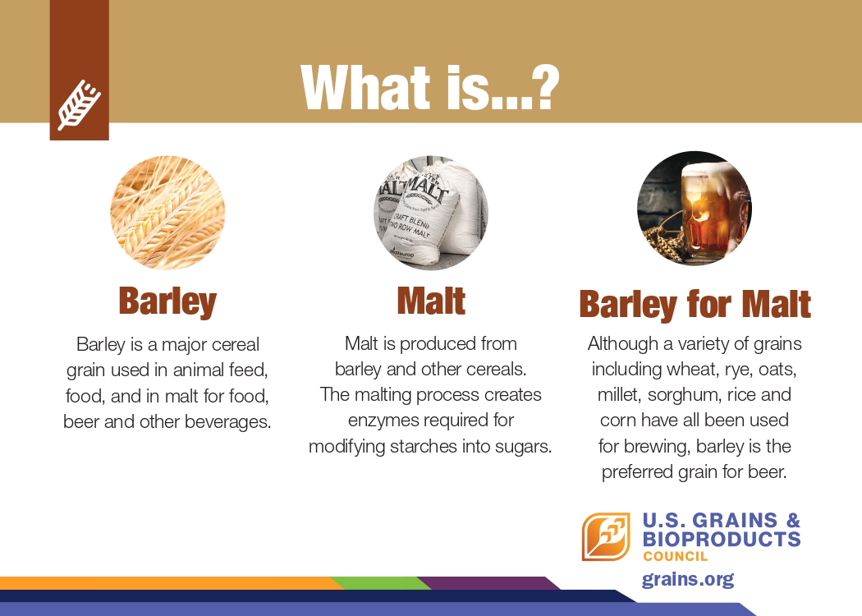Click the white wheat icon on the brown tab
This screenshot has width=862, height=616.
(79, 105)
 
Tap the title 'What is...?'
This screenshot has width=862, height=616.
(430, 87)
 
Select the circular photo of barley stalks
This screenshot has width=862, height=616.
(167, 212)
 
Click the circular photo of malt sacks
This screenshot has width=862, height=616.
(431, 212)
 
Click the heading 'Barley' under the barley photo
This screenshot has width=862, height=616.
(167, 302)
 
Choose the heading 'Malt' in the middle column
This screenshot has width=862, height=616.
(431, 301)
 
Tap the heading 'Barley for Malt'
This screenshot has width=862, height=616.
(695, 304)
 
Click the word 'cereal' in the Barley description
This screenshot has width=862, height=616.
(236, 345)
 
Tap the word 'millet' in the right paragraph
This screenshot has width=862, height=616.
(620, 395)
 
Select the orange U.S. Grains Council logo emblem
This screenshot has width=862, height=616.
(606, 536)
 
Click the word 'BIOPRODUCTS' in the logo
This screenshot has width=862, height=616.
(722, 539)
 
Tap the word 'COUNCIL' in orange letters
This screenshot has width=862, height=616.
(675, 556)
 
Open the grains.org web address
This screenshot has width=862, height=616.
(688, 580)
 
